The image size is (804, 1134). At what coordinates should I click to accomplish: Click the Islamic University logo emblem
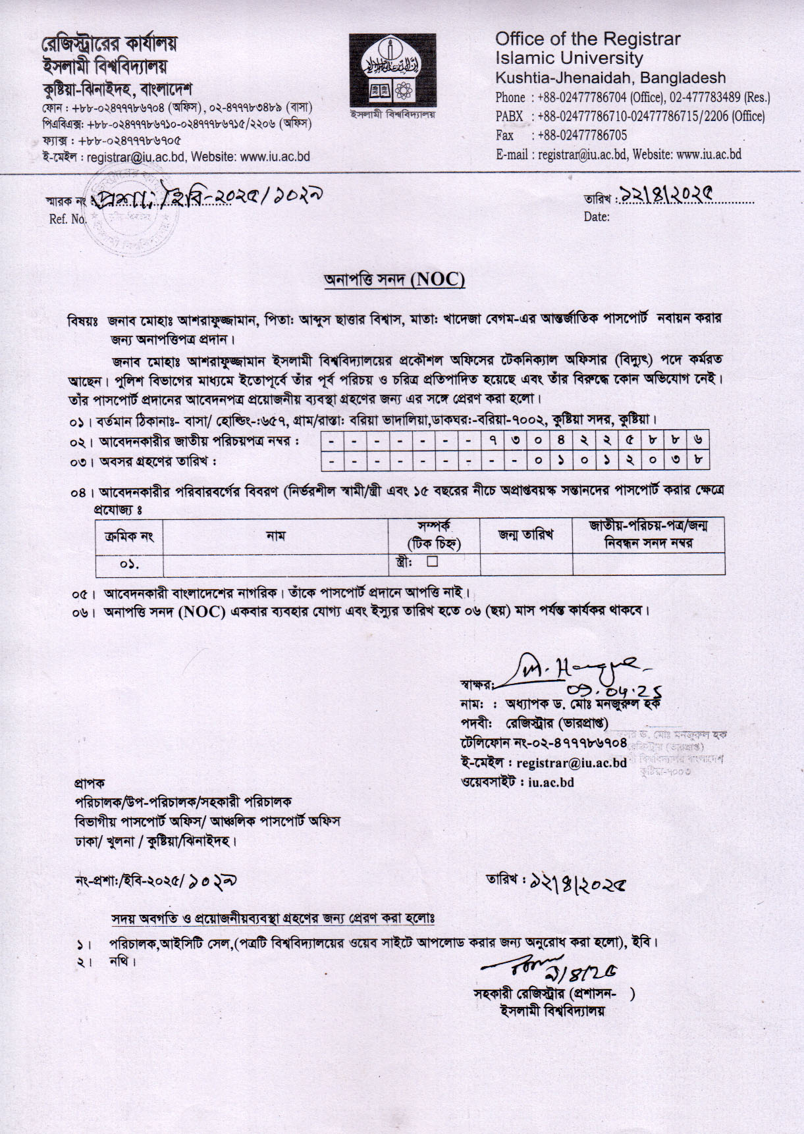click(x=392, y=70)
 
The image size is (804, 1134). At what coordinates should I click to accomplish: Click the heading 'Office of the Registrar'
click(x=587, y=39)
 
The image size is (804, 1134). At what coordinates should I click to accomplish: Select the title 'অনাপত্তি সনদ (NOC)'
click(x=394, y=280)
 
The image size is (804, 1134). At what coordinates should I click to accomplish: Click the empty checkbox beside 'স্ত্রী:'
click(x=432, y=561)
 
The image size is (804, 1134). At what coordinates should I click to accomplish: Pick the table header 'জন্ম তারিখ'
click(x=525, y=534)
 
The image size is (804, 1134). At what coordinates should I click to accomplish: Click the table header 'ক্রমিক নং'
click(x=129, y=536)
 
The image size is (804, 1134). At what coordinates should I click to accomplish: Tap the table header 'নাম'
click(x=275, y=536)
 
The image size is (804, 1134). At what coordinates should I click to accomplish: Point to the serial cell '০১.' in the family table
click(x=129, y=565)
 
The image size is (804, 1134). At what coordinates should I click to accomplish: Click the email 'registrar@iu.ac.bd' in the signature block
click(x=571, y=763)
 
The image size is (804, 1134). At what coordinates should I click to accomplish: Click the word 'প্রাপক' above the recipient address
click(x=89, y=783)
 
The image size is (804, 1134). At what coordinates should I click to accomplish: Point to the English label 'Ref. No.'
click(x=68, y=219)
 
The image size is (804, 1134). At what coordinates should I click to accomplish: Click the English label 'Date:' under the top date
click(x=597, y=217)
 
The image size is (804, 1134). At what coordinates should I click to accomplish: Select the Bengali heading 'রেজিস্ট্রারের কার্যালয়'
click(x=109, y=44)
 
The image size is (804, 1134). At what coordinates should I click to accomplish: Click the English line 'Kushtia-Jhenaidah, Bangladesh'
click(x=610, y=78)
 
